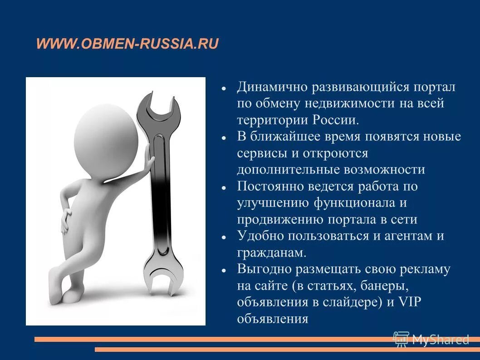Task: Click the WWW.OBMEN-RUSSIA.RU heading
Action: pos(127,44)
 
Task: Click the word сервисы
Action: pos(262,153)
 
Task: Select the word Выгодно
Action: pos(263,269)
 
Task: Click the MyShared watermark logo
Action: pos(431,339)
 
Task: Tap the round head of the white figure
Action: pos(106,136)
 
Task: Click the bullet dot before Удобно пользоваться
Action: pos(224,237)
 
